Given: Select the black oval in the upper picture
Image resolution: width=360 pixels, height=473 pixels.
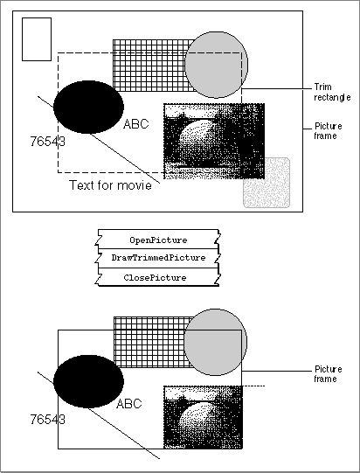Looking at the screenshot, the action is point(88,107).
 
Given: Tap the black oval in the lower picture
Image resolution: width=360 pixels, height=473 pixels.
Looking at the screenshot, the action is point(88,381).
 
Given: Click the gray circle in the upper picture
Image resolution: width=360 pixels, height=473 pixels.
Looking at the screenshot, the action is point(217,65).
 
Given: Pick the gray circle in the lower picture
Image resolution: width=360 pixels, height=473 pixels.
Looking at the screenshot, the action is point(216,342).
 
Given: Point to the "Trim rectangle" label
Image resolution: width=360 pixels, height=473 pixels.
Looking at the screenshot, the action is point(332,92).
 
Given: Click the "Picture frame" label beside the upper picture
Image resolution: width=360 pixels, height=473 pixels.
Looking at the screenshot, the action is point(328,130).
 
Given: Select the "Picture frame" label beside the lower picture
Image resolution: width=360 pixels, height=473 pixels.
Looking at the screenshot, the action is point(328,373).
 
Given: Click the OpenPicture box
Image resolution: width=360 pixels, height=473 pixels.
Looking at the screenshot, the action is point(158,240).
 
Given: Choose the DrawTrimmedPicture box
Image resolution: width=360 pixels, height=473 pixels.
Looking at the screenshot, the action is point(158,258).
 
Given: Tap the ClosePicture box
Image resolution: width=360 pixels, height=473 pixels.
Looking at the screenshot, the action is point(158,277).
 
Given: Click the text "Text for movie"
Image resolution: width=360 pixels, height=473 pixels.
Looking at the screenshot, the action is point(110,185).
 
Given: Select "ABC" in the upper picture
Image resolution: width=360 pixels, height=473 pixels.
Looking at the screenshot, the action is point(136,124).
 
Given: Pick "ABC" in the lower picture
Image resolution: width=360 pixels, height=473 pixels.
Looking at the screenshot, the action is point(128,404).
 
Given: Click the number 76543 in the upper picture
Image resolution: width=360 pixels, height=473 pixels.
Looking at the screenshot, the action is point(48,141).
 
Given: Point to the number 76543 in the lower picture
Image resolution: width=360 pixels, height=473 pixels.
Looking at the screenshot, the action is point(48,420).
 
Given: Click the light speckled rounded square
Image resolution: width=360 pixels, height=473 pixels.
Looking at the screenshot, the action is point(267,183).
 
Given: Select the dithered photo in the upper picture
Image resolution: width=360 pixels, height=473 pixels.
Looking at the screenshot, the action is point(214,141).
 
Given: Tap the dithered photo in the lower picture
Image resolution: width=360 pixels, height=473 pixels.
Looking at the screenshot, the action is point(203,417).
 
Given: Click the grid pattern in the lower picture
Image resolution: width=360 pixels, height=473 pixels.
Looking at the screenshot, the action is point(149,342).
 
